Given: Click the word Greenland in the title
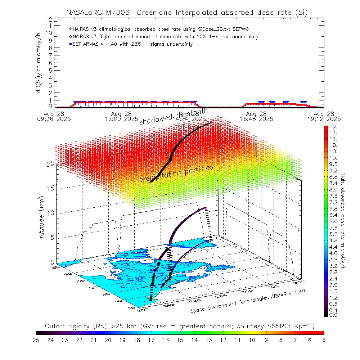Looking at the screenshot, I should tap(158, 13).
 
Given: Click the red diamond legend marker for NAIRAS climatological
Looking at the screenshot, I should tap(71, 29).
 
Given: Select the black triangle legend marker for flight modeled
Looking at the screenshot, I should tap(71, 36).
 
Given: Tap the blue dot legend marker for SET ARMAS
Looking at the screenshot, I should tap(71, 44).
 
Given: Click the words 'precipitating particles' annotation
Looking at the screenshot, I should tap(176, 174).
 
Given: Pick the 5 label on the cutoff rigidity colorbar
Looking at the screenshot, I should tap(324, 340).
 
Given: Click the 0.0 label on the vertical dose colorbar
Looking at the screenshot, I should tap(333, 315).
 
